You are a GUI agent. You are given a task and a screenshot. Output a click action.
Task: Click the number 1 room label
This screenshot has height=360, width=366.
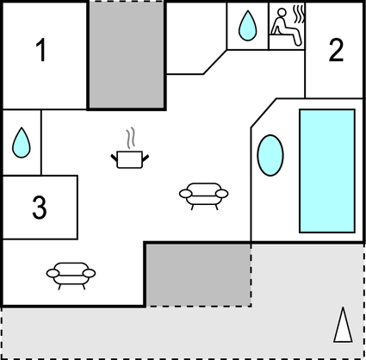[41, 50]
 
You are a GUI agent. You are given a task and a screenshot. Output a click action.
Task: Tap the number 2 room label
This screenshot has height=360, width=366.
[336, 50]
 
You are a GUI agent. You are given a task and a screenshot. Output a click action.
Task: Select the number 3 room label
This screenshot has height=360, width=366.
[40, 208]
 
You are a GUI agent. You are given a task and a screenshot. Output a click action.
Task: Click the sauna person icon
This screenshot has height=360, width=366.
[287, 27]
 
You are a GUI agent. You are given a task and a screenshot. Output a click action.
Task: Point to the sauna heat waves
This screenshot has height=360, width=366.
[299, 15]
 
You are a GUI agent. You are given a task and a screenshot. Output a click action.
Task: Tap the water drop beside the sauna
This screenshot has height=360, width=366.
[247, 26]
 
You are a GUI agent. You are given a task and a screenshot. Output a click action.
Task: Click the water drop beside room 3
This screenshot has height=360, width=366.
[22, 143]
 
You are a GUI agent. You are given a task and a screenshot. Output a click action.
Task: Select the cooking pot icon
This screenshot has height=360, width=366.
[130, 159]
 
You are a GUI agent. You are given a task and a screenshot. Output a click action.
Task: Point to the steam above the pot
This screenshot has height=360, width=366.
[131, 139]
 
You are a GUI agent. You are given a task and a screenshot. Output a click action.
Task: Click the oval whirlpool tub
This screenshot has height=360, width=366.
[270, 155]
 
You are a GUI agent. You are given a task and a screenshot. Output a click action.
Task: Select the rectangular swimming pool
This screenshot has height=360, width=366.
[327, 171]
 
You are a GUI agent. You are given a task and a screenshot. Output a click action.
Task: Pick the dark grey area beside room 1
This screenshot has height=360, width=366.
[127, 54]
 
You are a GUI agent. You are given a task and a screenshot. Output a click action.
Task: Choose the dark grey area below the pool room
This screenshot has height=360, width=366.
[198, 275]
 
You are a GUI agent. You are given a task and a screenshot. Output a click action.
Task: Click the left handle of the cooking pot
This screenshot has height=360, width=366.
[114, 158]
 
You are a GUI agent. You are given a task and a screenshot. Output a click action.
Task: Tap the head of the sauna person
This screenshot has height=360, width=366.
[282, 12]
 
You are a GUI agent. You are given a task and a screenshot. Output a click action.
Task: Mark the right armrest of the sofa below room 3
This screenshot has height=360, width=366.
[90, 273]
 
